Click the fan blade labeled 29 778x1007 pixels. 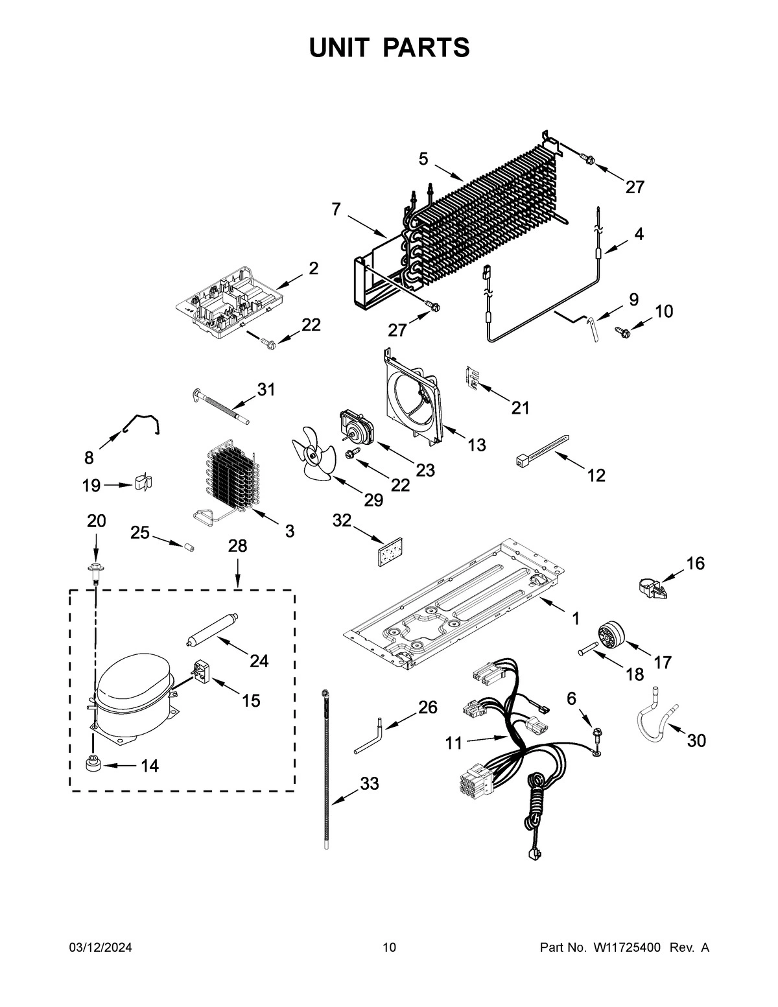[312, 458]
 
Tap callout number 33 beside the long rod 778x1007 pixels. [369, 784]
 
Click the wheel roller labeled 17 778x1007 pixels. [609, 635]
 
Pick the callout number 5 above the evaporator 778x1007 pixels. [423, 159]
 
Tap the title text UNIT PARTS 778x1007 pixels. [389, 47]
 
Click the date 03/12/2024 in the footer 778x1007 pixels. [100, 947]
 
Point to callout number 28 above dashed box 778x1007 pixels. [237, 546]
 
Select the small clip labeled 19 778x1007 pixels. [144, 484]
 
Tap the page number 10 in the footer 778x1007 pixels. [389, 947]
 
